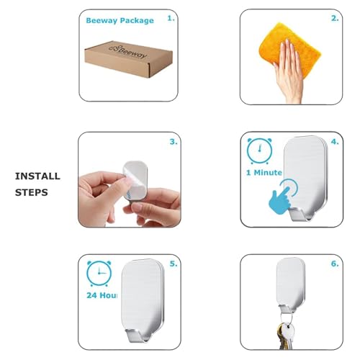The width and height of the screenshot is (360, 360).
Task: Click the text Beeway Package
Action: click(120, 21)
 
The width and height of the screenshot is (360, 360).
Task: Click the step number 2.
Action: click(334, 19)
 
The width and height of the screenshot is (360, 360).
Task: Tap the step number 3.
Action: click(173, 142)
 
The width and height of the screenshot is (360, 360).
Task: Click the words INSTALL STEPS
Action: click(37, 184)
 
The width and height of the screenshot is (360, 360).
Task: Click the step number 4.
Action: click(334, 142)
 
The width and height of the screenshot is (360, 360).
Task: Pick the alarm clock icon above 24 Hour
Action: click(98, 275)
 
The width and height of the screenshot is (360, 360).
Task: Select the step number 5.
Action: click(173, 264)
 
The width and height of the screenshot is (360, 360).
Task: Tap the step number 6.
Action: click(334, 264)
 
